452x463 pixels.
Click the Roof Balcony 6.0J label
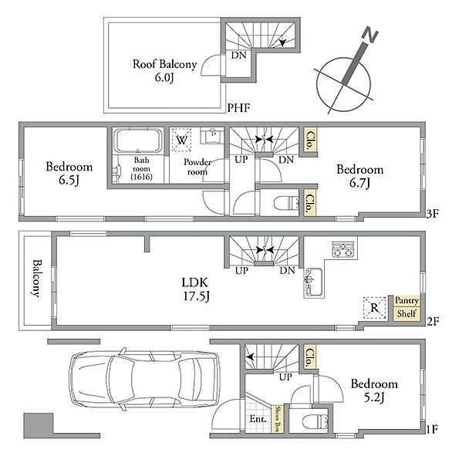pyautogui.click(x=164, y=71)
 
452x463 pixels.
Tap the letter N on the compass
pyautogui.click(x=370, y=35)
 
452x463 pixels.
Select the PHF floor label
pyautogui.click(x=238, y=108)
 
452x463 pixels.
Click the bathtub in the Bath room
pyautogui.click(x=138, y=140)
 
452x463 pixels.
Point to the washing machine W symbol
pyautogui.click(x=181, y=140)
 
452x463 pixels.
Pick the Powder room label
pyautogui.click(x=197, y=167)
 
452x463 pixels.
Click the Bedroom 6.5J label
pyautogui.click(x=69, y=174)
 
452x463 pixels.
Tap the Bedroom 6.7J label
pyautogui.click(x=360, y=176)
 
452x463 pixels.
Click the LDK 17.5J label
pyautogui.click(x=195, y=289)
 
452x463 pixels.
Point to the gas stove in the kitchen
pyautogui.click(x=343, y=250)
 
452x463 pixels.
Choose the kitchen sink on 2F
pyautogui.click(x=314, y=282)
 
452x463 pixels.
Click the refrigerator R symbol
pyautogui.click(x=374, y=308)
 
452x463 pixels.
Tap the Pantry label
pyautogui.click(x=406, y=301)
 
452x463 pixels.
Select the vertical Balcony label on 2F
pyautogui.click(x=36, y=278)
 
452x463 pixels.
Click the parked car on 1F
pyautogui.click(x=145, y=379)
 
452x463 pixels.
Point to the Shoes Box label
pyautogui.click(x=278, y=419)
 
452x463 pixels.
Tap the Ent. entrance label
pyautogui.click(x=258, y=419)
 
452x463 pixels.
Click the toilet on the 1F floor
pyautogui.click(x=315, y=421)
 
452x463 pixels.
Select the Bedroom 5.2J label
pyautogui.click(x=374, y=390)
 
